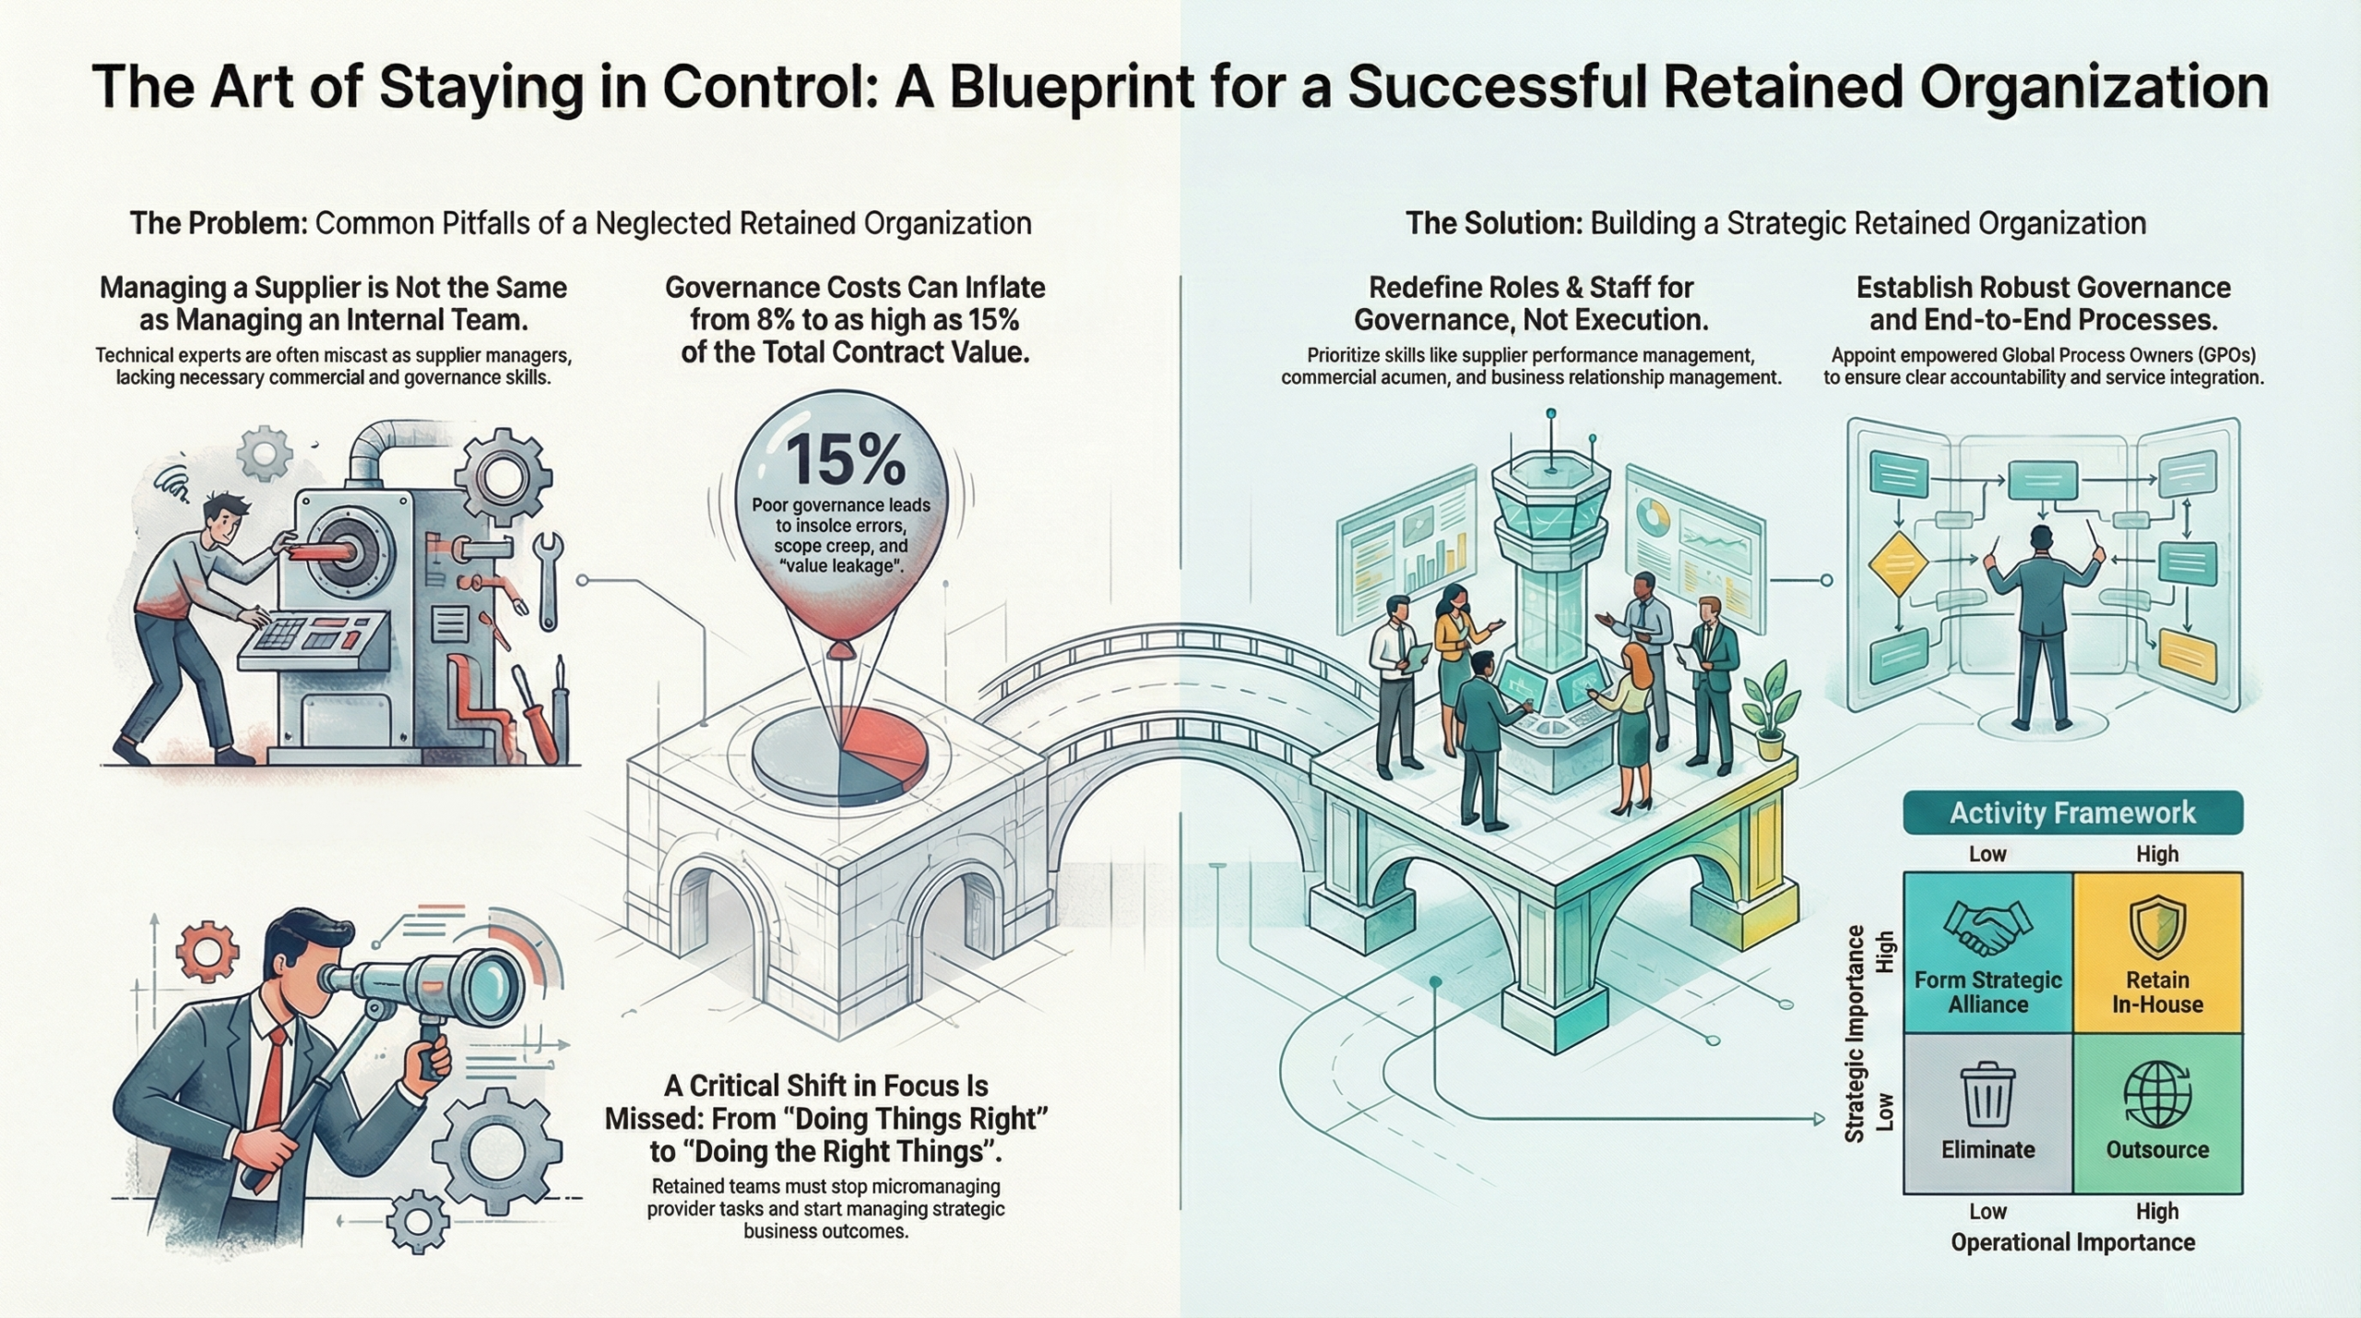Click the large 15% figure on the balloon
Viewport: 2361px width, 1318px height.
tap(843, 460)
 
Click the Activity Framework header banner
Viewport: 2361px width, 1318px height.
tap(2072, 813)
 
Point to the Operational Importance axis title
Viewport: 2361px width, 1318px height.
tap(2072, 1241)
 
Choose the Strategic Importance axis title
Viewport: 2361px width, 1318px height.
tap(1855, 1033)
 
